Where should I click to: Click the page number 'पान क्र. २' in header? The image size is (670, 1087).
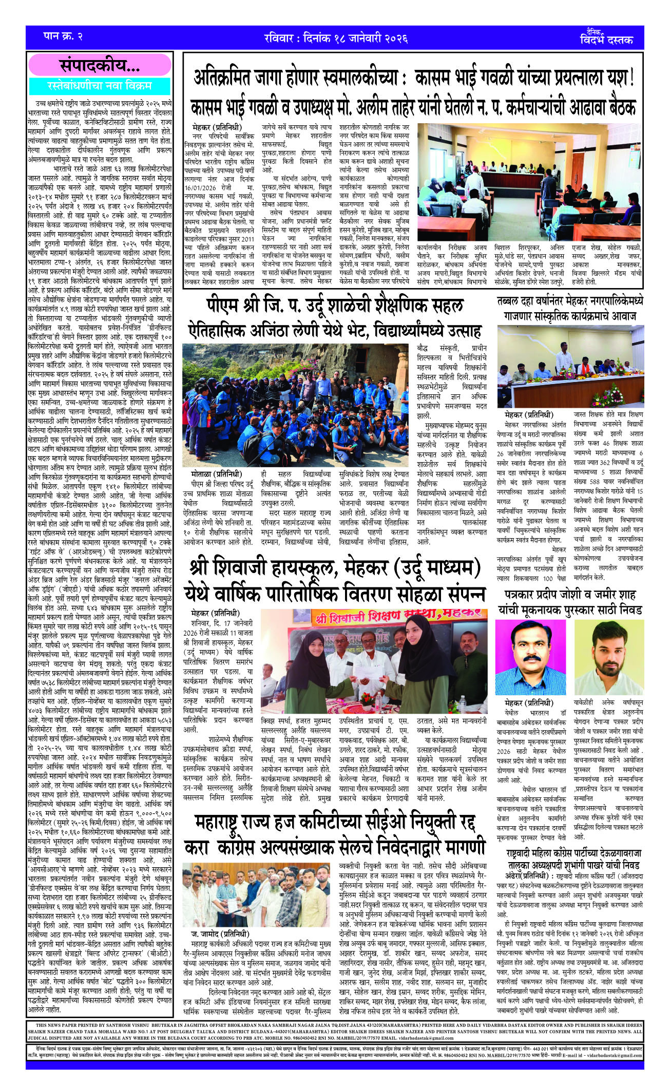click(x=63, y=37)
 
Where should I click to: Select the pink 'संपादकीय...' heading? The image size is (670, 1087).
click(x=100, y=66)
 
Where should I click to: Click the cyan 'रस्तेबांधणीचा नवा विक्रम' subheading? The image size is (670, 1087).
click(x=100, y=85)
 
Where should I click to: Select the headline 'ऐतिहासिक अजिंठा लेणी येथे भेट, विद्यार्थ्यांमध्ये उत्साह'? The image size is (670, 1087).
click(x=335, y=329)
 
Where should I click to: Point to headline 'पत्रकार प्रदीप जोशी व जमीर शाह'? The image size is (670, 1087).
click(x=570, y=595)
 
